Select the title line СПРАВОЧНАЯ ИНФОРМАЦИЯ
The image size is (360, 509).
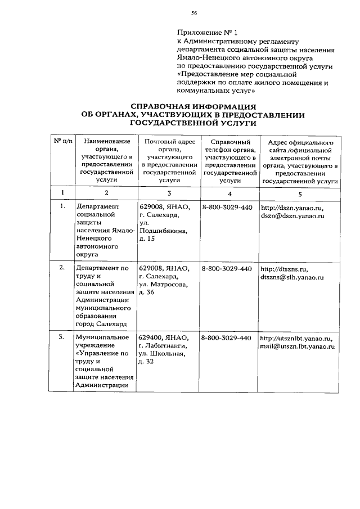tap(193, 106)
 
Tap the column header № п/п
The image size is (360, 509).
tap(62, 142)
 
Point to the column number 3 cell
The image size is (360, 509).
tap(169, 193)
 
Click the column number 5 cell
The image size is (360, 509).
tap(300, 193)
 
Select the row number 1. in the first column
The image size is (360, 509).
tap(62, 206)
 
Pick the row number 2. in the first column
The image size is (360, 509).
tap(62, 268)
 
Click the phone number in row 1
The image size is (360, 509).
tap(226, 207)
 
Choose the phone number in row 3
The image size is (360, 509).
tap(226, 338)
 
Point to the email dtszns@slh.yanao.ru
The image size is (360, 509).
tap(292, 277)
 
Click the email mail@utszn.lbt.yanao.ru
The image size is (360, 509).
tap(297, 347)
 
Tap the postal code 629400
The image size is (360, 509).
tap(151, 337)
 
